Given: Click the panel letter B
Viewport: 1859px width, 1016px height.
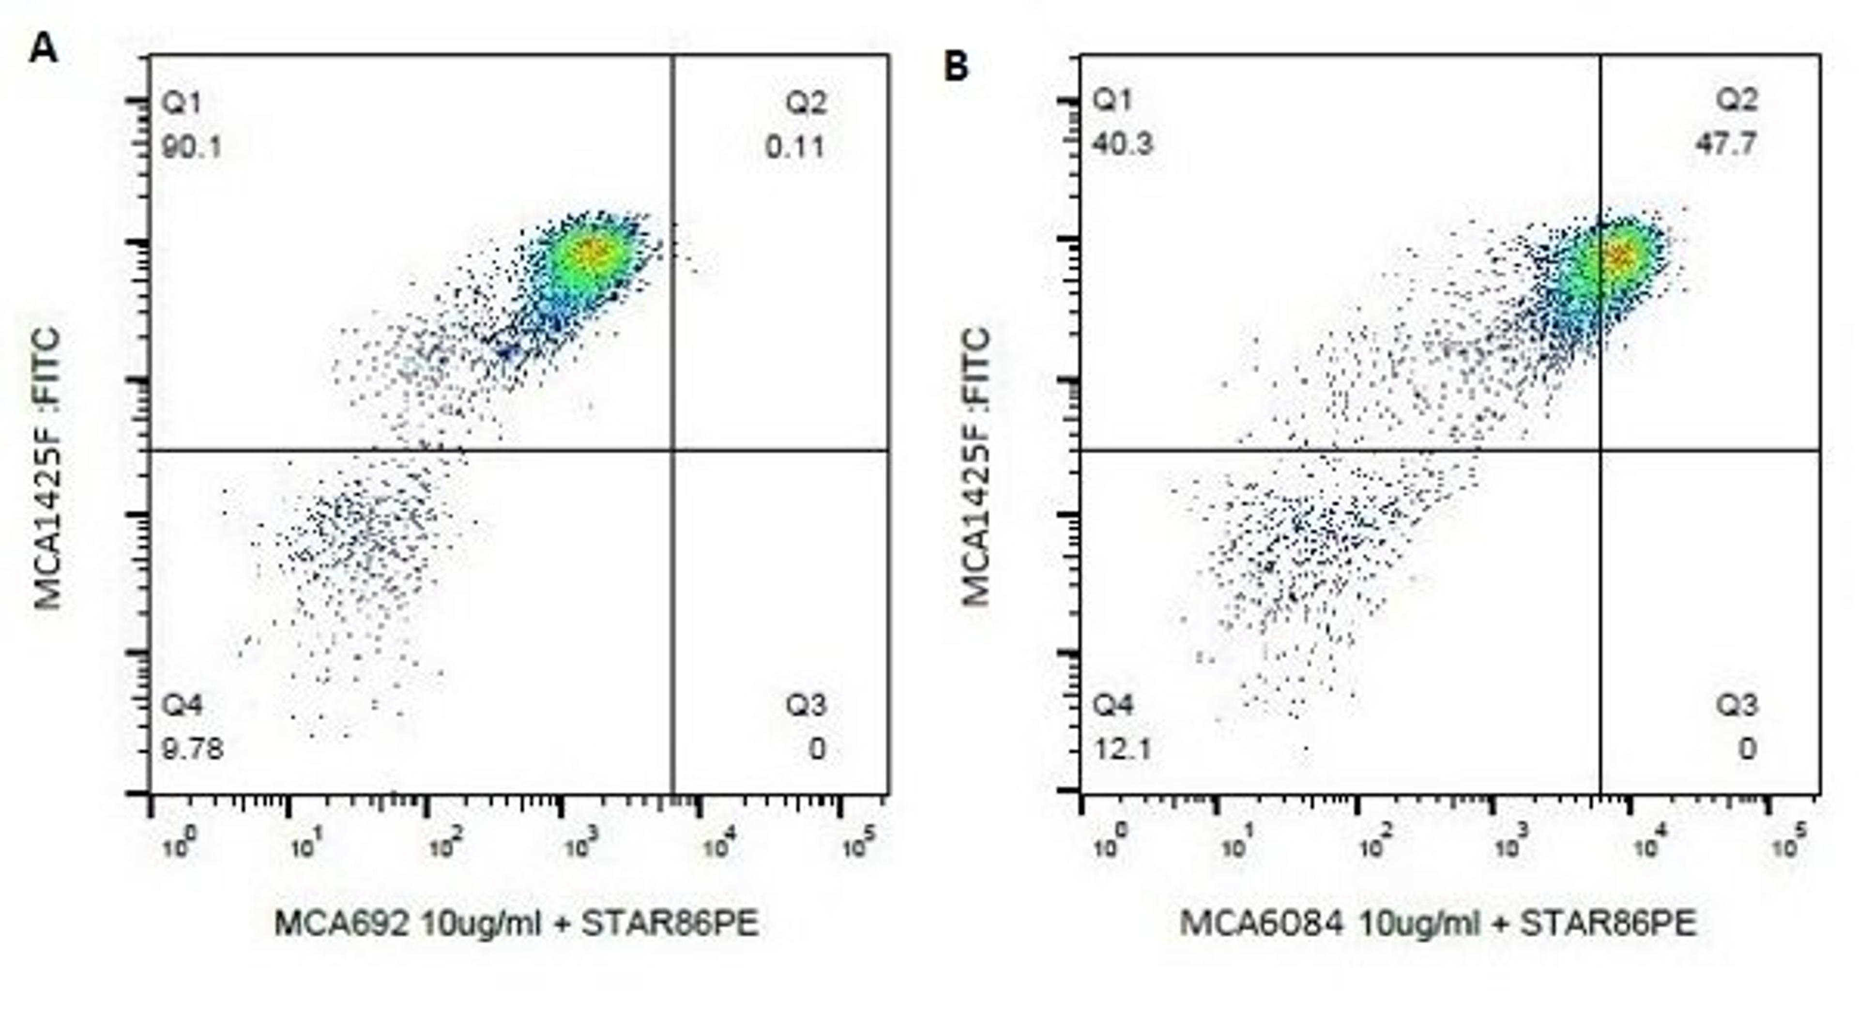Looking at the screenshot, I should [956, 66].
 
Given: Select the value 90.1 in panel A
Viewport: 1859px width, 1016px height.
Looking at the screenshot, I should [191, 148].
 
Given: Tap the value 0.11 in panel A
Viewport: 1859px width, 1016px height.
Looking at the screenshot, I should [794, 148].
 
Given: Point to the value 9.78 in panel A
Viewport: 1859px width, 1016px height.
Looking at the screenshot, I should [192, 749].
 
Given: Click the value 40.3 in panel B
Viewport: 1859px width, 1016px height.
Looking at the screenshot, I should [1122, 144].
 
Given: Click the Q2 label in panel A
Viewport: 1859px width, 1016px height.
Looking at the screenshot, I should [806, 103].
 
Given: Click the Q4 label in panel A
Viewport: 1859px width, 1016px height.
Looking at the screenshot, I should [182, 704].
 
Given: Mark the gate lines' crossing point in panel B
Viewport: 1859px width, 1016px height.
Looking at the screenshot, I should [1600, 450].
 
